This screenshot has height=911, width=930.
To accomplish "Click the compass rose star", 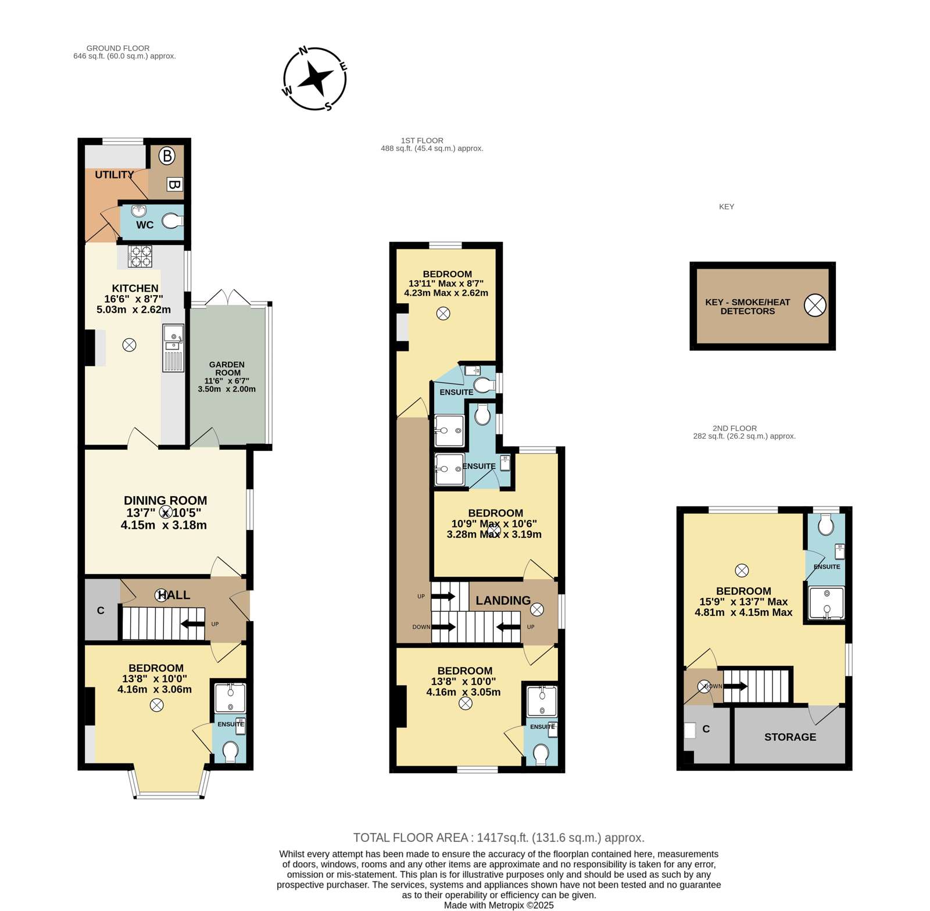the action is coord(316,78).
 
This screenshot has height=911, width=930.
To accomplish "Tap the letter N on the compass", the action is coord(303,51).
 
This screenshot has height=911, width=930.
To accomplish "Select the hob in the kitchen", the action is coord(140,256).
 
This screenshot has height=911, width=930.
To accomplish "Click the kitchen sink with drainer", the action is coord(173,347).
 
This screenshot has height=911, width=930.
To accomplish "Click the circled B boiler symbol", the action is coord(167,156).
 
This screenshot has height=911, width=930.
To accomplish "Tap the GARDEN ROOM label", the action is coord(227,369).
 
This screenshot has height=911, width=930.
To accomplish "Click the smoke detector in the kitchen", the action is coord(129,345).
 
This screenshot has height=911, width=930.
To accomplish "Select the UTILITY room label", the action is coord(115,175).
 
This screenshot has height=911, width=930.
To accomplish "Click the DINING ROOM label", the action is coord(165,500).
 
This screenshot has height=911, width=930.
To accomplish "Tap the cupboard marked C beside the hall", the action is coord(101,610).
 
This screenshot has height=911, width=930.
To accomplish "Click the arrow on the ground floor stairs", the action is coord(192,624).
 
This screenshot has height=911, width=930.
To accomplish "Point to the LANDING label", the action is coord(503,601).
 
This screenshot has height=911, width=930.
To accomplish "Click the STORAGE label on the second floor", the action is coord(790,737).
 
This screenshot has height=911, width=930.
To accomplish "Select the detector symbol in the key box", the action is coord(815,305).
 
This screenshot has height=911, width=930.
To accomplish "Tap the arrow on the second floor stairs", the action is coord(735,686).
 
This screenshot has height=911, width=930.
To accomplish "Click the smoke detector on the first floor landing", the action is coord(537,609).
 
